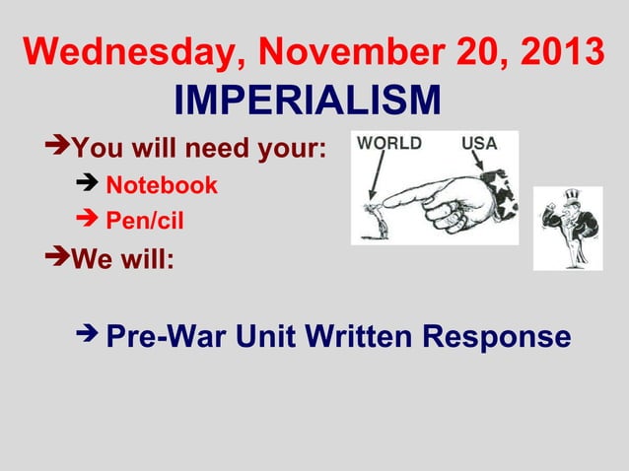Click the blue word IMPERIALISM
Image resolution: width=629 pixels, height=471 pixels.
coord(307,100)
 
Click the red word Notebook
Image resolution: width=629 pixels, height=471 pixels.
coord(161,185)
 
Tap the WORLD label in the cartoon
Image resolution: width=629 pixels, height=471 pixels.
coord(389,144)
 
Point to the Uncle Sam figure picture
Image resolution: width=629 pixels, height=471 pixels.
coord(567,228)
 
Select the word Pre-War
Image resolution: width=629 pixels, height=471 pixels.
coord(161,338)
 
